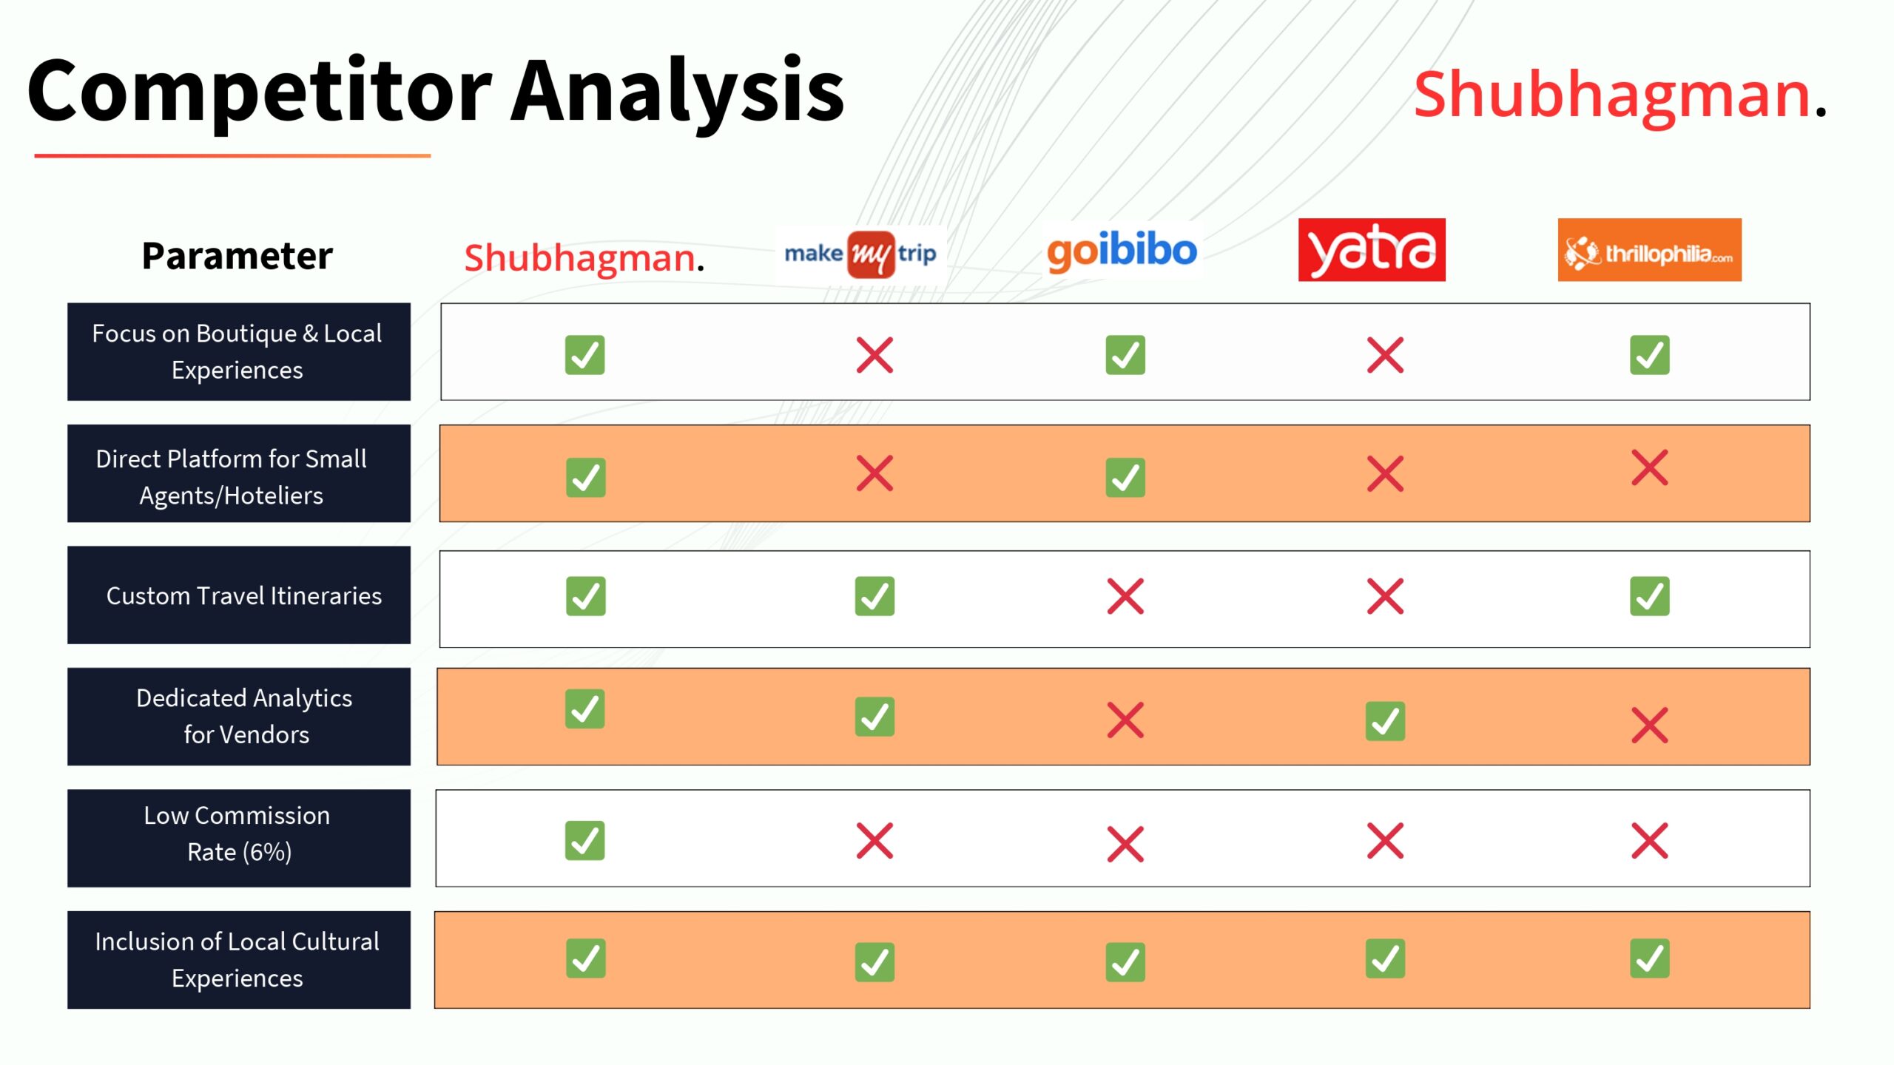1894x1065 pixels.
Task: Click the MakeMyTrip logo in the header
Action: (x=860, y=254)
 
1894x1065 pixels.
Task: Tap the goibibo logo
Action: (x=1122, y=251)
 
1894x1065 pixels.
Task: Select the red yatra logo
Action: (x=1372, y=250)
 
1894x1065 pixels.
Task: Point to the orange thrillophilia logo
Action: (x=1649, y=250)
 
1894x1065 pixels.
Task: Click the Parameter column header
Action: (x=237, y=256)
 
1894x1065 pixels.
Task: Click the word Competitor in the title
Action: (x=259, y=92)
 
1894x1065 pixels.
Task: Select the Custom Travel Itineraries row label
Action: (x=243, y=595)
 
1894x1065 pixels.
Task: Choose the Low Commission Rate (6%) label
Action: (x=238, y=834)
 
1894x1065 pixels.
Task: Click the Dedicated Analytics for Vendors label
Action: (x=244, y=716)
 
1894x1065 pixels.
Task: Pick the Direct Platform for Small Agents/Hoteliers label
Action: (x=232, y=476)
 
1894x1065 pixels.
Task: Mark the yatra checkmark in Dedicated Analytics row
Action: (x=1385, y=721)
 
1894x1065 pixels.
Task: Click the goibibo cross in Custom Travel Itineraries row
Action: (x=1125, y=596)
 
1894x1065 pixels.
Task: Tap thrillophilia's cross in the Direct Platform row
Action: (x=1649, y=467)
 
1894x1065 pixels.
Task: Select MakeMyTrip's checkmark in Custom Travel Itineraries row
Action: (x=874, y=596)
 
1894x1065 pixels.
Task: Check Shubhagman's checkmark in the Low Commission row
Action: (x=584, y=840)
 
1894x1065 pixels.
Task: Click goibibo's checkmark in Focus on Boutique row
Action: (x=1125, y=355)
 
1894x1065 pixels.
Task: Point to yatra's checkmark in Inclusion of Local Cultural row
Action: (x=1385, y=958)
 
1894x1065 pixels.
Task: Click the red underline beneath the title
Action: (x=232, y=155)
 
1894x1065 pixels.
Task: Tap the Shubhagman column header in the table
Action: (x=584, y=258)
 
